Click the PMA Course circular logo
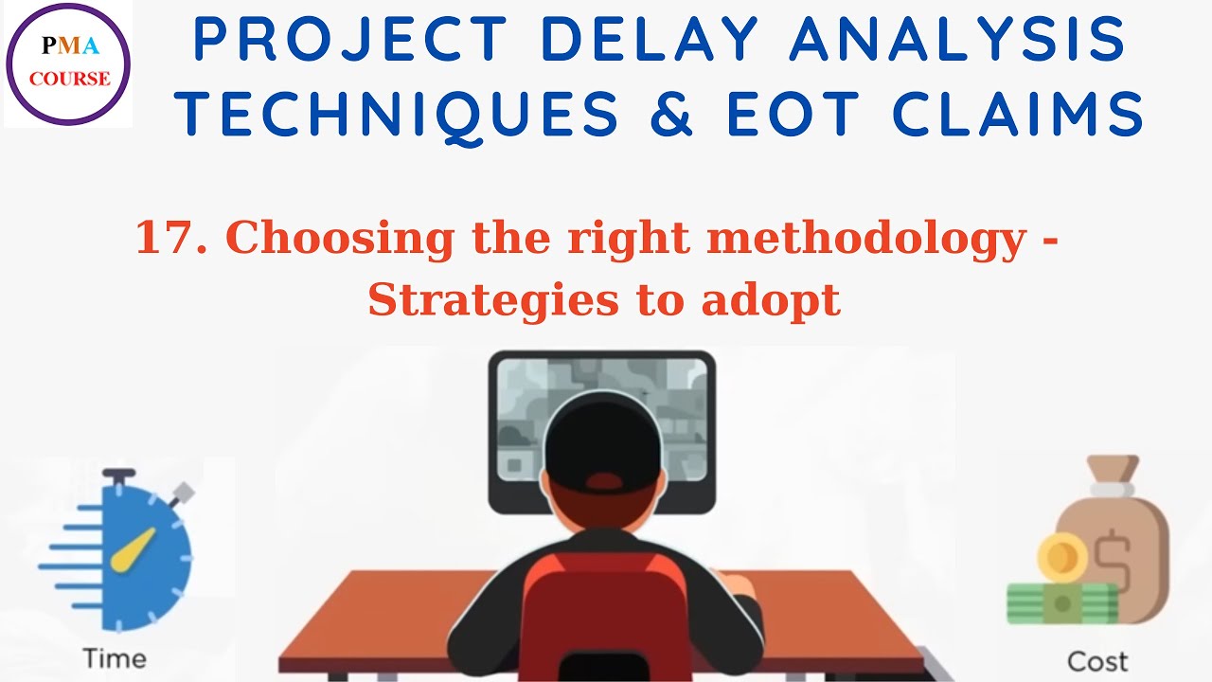[x=68, y=64]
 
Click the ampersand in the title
[x=671, y=115]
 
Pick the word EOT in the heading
[x=797, y=115]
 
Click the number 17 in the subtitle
[x=164, y=239]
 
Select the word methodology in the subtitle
[x=866, y=239]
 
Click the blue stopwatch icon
[x=133, y=554]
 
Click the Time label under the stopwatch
[x=115, y=657]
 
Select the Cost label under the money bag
[x=1097, y=660]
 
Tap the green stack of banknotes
[x=1060, y=602]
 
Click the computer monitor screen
[x=601, y=417]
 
